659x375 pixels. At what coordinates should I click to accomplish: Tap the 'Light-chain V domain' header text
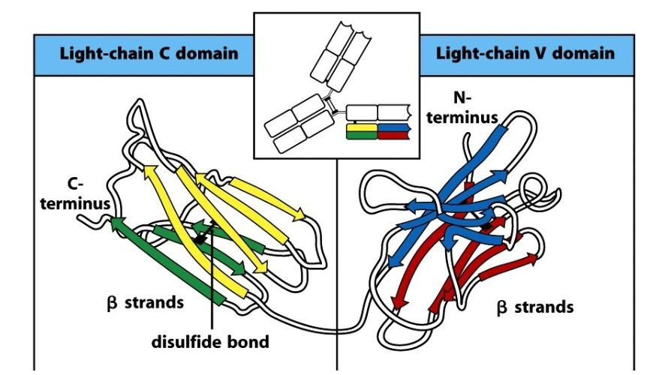[525, 53]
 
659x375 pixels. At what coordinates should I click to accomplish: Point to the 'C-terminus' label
[82, 194]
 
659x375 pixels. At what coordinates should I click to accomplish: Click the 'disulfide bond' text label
[210, 342]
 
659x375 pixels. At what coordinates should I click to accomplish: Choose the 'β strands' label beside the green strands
[144, 303]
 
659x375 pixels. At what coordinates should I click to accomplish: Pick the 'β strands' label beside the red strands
[535, 307]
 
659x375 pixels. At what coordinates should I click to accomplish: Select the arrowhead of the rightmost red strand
[533, 259]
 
